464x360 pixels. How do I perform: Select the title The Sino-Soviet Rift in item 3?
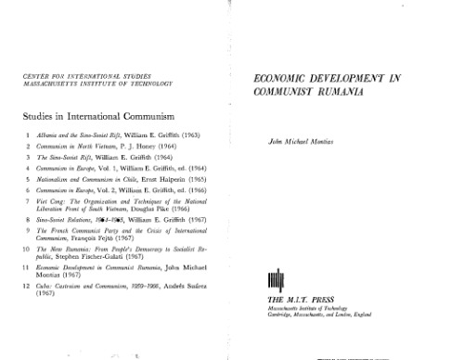click(69, 157)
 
